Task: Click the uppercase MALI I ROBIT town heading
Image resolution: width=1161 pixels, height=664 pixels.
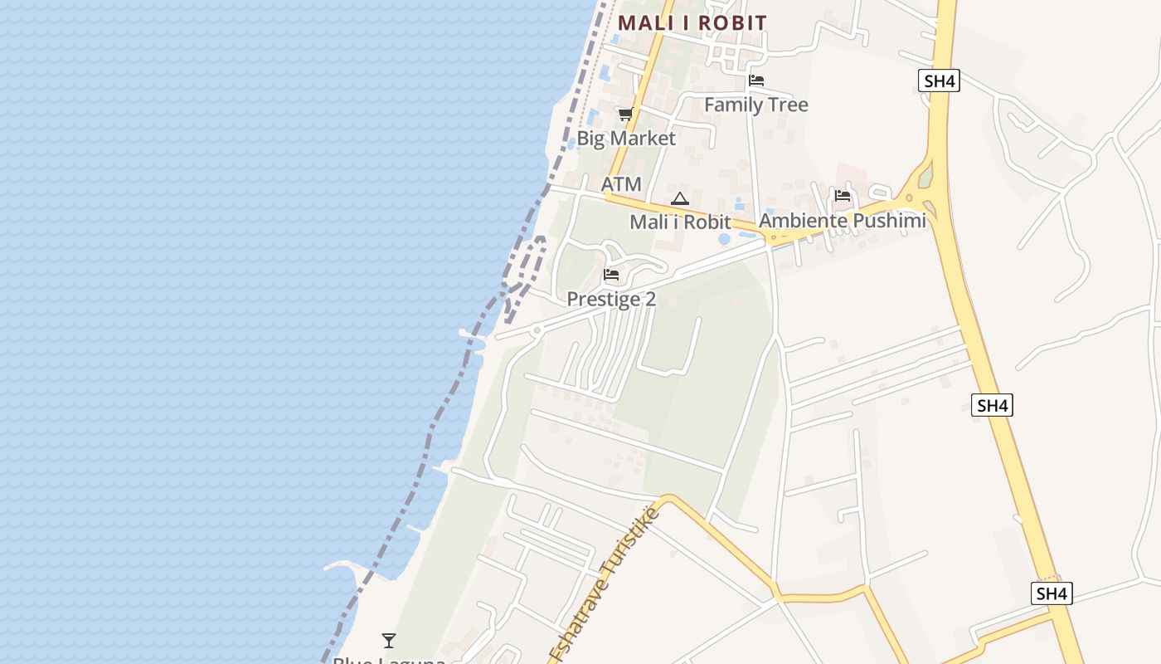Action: click(x=692, y=23)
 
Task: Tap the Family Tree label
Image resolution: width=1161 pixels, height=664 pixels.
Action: click(x=755, y=105)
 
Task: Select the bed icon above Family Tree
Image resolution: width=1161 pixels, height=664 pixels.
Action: click(x=756, y=81)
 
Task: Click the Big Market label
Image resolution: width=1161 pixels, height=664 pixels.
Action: click(x=626, y=139)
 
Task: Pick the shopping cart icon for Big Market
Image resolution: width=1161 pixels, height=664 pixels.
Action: click(x=625, y=114)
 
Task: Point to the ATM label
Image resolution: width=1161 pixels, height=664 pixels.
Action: click(x=621, y=184)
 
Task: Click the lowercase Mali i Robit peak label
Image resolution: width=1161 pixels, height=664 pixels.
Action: click(x=680, y=222)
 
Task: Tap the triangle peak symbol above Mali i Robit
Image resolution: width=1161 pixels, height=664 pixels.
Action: click(x=680, y=198)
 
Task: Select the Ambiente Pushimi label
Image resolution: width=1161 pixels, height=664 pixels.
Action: click(x=842, y=221)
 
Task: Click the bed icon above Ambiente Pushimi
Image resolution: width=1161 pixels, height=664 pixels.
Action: click(x=843, y=196)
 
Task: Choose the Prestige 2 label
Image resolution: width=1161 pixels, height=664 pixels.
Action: click(x=611, y=300)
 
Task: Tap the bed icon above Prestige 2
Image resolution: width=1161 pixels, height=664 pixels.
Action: click(x=611, y=275)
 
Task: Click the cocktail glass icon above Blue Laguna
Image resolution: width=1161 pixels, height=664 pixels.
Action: click(x=388, y=641)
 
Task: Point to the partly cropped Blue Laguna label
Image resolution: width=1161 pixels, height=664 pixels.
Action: click(x=388, y=660)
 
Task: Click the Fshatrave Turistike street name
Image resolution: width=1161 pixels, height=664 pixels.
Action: click(x=605, y=584)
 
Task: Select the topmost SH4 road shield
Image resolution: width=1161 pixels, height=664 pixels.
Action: click(x=939, y=81)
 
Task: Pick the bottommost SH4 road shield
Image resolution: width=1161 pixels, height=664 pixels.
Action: click(x=1052, y=593)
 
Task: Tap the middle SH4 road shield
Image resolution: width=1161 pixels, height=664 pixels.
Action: click(x=992, y=406)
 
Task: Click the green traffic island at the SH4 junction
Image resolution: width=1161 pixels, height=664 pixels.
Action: click(x=925, y=177)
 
